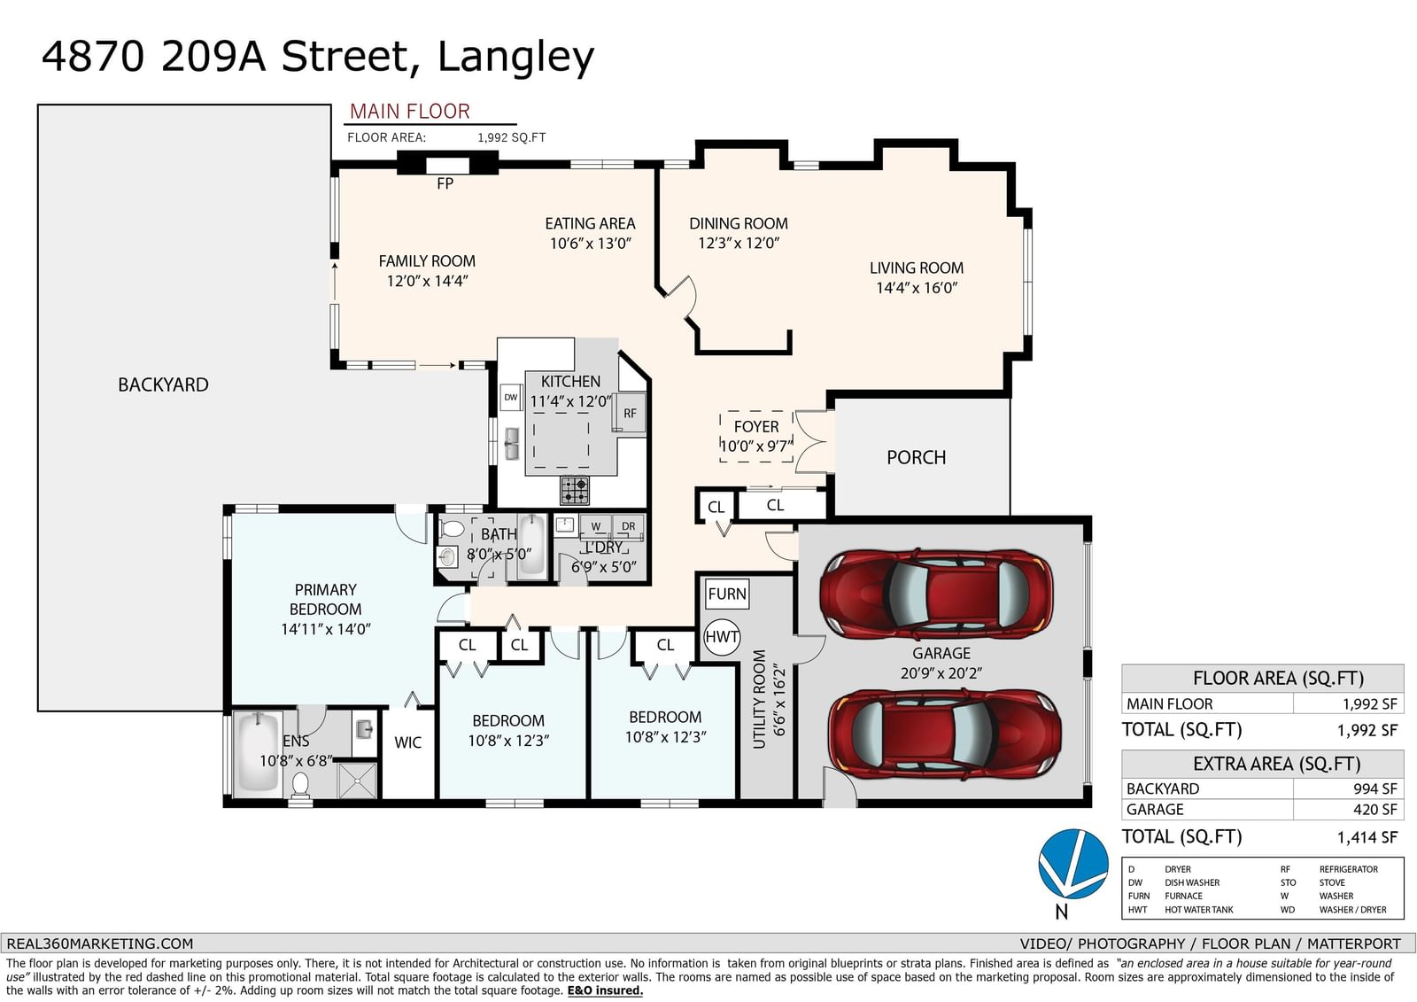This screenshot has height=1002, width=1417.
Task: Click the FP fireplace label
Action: pyautogui.click(x=445, y=183)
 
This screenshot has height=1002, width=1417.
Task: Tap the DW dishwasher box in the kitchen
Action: pyautogui.click(x=510, y=398)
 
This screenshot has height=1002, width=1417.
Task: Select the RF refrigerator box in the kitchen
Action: pyautogui.click(x=630, y=413)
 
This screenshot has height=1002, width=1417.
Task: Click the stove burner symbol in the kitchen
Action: pyautogui.click(x=575, y=491)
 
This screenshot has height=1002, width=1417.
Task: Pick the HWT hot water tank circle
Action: pyautogui.click(x=722, y=637)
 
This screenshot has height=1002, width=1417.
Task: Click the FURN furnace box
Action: pyautogui.click(x=727, y=594)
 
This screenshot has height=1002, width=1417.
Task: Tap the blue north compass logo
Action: pyautogui.click(x=1072, y=864)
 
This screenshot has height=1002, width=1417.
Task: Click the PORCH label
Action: pyautogui.click(x=916, y=457)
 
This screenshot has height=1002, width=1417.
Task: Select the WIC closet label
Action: pyautogui.click(x=407, y=742)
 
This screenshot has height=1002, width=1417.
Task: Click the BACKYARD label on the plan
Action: pyautogui.click(x=163, y=384)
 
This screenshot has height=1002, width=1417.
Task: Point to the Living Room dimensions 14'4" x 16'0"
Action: pyautogui.click(x=917, y=288)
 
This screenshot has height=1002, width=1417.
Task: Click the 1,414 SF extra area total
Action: pyautogui.click(x=1367, y=837)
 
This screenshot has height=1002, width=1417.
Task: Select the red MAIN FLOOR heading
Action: pyautogui.click(x=410, y=112)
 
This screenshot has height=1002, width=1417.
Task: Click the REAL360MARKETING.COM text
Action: pyautogui.click(x=100, y=944)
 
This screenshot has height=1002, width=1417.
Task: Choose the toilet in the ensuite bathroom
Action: pyautogui.click(x=300, y=786)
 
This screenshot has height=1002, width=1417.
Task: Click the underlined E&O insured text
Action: pyautogui.click(x=605, y=990)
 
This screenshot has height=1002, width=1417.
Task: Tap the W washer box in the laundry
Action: pyautogui.click(x=595, y=526)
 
